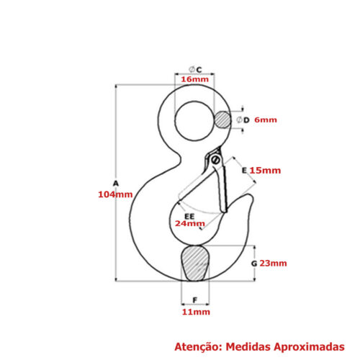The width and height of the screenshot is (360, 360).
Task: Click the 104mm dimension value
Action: pos(115,194)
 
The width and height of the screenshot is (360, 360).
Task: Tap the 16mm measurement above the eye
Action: pos(194,79)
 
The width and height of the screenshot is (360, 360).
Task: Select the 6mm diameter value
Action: pos(266,120)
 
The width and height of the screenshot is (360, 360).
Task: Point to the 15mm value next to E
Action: pos(265,171)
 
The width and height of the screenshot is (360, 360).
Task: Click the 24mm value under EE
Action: pos(190,224)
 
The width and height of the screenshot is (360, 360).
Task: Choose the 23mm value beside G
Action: pos(273,264)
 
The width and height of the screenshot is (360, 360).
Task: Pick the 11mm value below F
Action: pos(196,312)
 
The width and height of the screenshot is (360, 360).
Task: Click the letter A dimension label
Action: pos(116,184)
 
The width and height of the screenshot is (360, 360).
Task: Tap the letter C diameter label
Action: pos(199,70)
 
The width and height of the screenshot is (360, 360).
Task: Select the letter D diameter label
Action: pos(246,120)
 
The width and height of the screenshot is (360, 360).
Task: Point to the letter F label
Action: pos(195,300)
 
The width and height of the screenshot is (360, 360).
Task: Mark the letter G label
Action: pos(254,264)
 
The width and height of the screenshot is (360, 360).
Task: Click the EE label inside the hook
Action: pos(189,217)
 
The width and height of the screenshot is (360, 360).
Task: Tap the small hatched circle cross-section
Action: pos(222,120)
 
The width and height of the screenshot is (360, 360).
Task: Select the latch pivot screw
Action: pos(215,160)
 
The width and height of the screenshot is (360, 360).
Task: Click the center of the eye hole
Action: pos(194,120)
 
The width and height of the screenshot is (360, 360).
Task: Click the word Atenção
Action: pos(197,347)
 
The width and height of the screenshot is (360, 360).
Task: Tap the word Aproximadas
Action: pos(309,347)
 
